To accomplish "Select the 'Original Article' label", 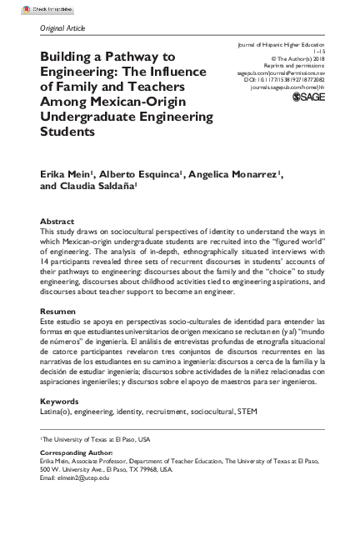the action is [x=62, y=27].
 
